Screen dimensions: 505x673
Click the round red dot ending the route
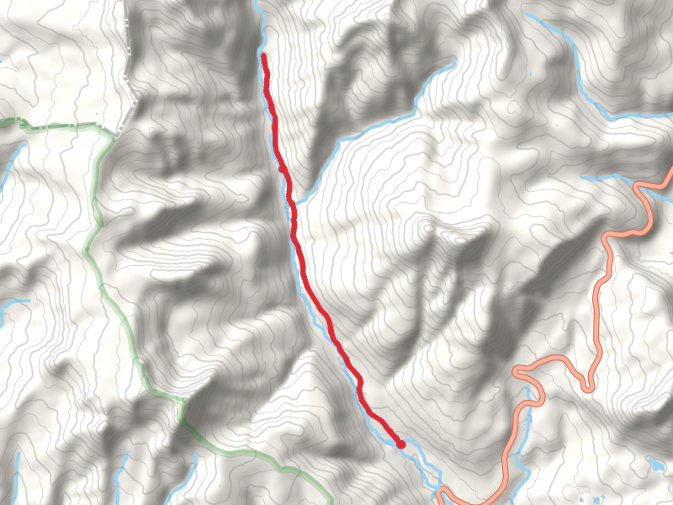tap(401, 444)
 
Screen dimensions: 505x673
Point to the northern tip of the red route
tap(264, 56)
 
